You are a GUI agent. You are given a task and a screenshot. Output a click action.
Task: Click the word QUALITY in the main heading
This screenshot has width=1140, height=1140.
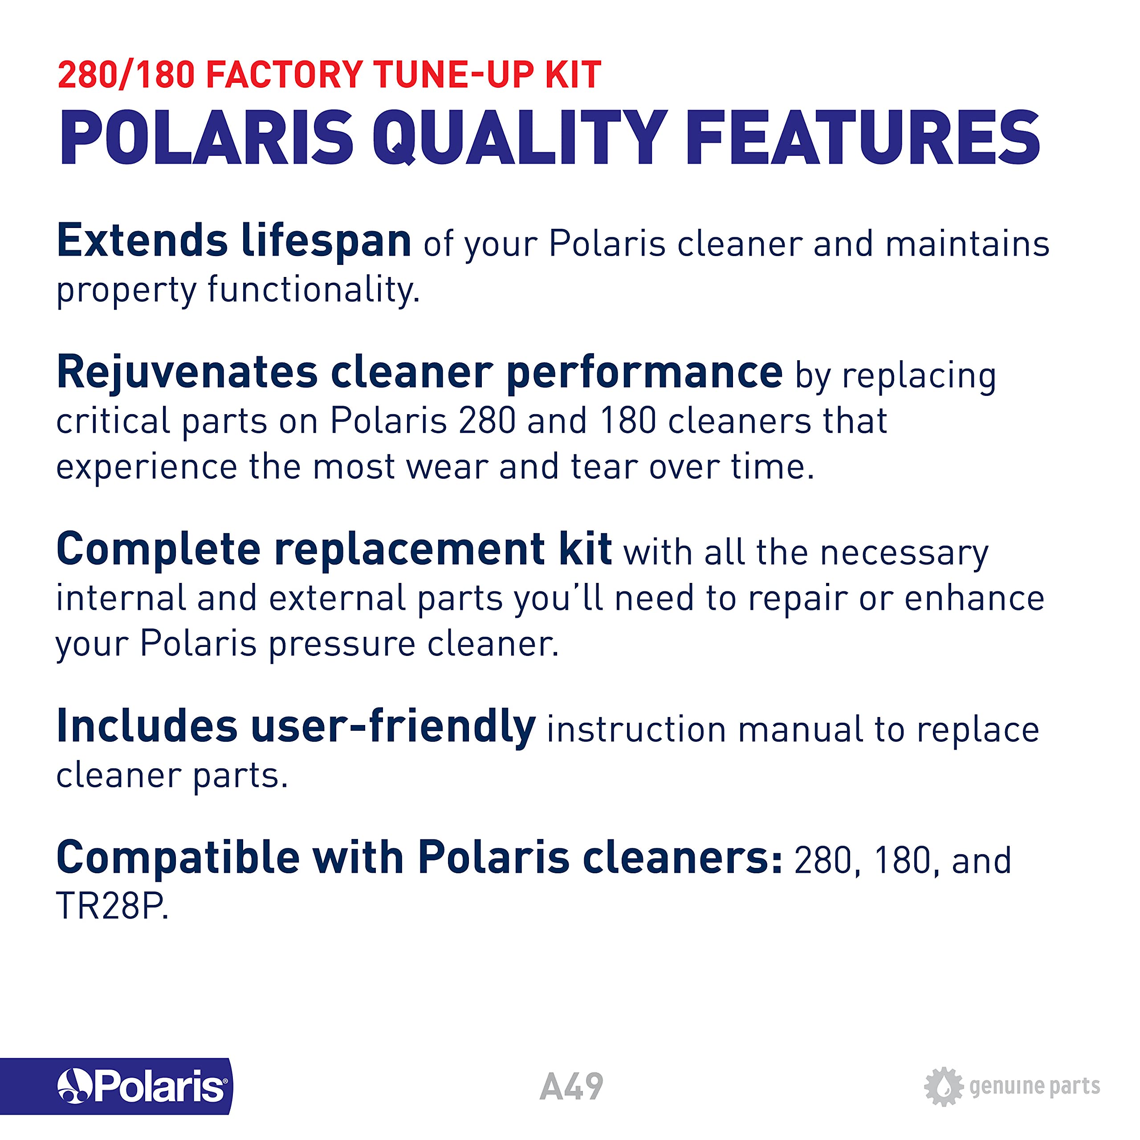(520, 138)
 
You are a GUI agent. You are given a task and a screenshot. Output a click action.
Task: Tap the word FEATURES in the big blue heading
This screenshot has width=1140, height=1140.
(862, 138)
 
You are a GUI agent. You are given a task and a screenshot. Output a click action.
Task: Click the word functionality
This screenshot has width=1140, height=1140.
(313, 290)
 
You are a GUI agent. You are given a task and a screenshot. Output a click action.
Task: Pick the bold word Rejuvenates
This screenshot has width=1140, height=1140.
(187, 373)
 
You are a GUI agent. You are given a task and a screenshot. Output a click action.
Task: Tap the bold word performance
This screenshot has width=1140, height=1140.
(644, 373)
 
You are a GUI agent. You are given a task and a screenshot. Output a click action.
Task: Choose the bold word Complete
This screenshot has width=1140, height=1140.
(159, 550)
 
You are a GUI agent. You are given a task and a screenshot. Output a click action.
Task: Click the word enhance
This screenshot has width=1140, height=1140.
(974, 598)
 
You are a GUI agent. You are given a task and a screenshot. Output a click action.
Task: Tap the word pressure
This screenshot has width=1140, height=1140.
(342, 645)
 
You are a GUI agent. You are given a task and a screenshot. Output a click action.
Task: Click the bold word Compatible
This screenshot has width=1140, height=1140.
(178, 858)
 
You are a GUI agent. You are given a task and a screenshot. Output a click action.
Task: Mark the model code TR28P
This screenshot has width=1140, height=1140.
(112, 906)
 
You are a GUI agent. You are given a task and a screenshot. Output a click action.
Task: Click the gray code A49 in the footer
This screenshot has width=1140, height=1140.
(571, 1086)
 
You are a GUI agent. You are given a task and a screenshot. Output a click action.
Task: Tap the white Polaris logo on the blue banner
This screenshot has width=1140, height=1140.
(142, 1086)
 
